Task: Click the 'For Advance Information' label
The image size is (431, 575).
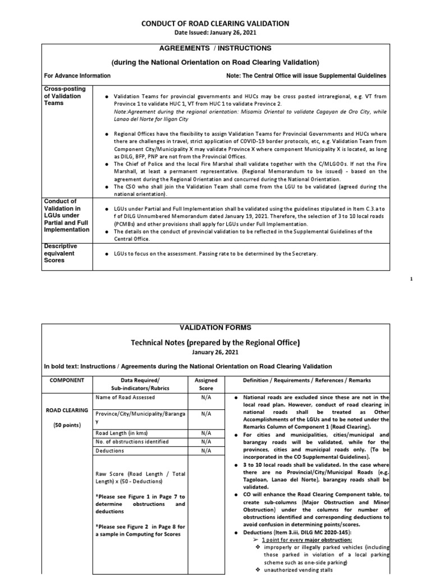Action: (x=78, y=75)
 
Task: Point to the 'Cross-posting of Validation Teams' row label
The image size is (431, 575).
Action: (x=63, y=96)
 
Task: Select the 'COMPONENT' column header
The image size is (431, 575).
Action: (x=67, y=381)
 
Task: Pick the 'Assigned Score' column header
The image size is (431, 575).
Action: (x=206, y=384)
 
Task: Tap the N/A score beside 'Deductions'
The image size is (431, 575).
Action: (x=206, y=450)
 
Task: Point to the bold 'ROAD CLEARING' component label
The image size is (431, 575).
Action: (x=67, y=409)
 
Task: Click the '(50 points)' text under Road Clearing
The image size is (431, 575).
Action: (x=67, y=425)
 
